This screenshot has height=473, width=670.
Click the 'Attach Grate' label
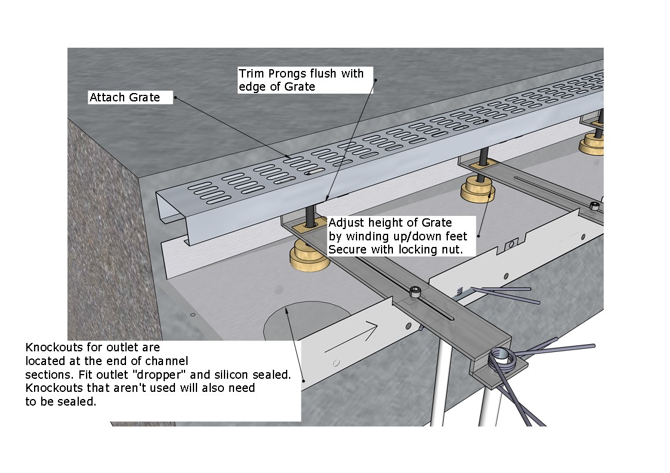(125, 97)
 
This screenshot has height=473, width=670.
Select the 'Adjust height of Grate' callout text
(390, 224)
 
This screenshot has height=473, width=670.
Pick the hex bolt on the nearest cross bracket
(414, 292)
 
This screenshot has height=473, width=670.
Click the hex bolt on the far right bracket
(594, 207)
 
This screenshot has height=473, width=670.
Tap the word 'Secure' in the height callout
(348, 249)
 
